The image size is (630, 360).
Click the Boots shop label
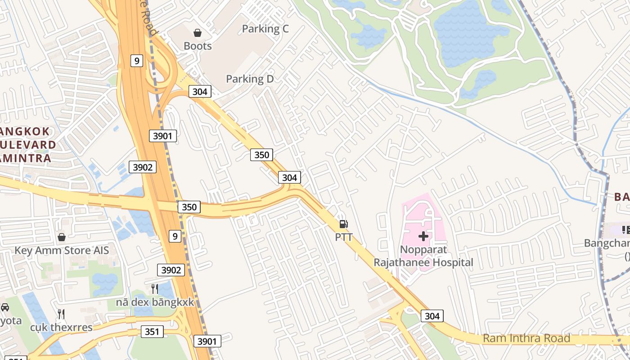click(198, 46)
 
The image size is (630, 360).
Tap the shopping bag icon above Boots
click(198, 32)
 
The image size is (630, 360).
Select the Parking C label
click(265, 29)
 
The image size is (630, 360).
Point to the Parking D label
click(250, 79)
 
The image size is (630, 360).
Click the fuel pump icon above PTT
click(343, 224)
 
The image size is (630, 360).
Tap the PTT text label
click(344, 237)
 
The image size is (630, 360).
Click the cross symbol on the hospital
click(423, 236)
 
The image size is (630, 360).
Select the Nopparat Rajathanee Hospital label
click(423, 256)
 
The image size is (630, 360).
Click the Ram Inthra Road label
click(526, 338)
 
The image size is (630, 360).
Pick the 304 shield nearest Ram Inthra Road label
click(432, 316)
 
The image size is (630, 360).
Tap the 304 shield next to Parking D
click(199, 91)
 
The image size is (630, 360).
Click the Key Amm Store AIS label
click(62, 250)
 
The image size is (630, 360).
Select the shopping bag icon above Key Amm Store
click(62, 237)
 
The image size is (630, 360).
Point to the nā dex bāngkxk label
click(155, 302)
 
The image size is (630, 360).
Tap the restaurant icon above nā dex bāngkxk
click(155, 288)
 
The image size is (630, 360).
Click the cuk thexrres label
click(61, 327)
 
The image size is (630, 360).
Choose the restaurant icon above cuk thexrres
click(61, 314)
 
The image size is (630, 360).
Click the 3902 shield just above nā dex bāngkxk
click(171, 270)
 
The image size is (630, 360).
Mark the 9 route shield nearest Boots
click(137, 60)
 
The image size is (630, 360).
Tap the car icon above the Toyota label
click(5, 307)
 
